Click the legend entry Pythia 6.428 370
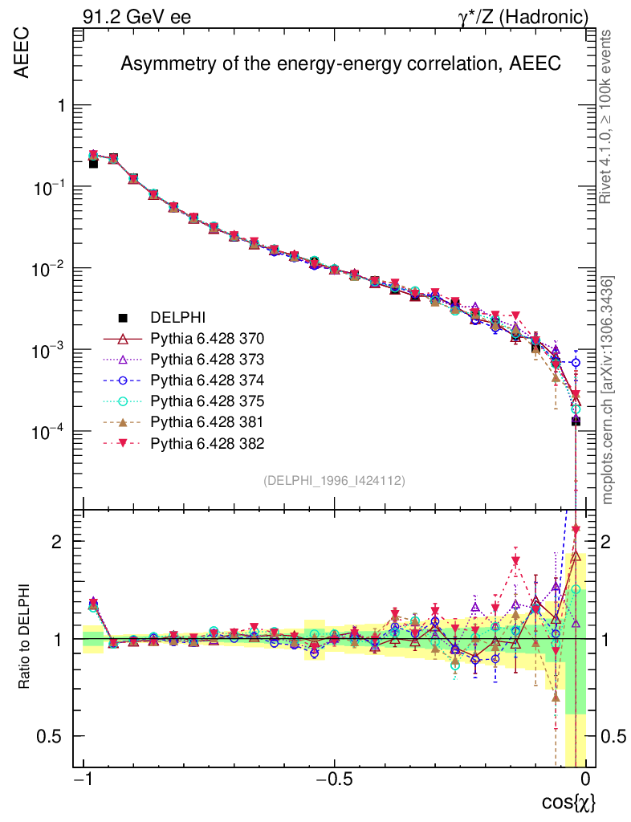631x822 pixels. pyautogui.click(x=207, y=338)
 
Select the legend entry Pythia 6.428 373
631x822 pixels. pyautogui.click(x=207, y=359)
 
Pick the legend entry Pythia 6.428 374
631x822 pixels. pyautogui.click(x=207, y=380)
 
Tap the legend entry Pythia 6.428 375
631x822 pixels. pyautogui.click(x=207, y=401)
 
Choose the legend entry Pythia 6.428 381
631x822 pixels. pyautogui.click(x=207, y=421)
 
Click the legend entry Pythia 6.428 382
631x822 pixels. pyautogui.click(x=207, y=442)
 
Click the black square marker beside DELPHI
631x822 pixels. pyautogui.click(x=124, y=317)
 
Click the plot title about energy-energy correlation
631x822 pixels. pyautogui.click(x=340, y=65)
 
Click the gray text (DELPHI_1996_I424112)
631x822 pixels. pyautogui.click(x=334, y=481)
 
